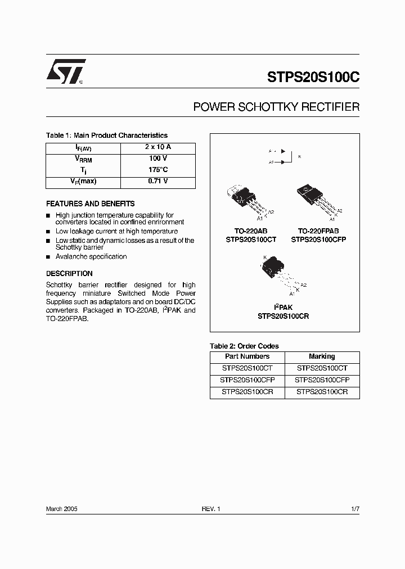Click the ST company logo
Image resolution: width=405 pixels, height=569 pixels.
[65, 71]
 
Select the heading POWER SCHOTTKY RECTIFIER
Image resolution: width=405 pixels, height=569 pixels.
[276, 107]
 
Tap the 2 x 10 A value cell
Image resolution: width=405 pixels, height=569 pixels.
[157, 147]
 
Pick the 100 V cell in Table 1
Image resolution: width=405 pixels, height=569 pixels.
[157, 159]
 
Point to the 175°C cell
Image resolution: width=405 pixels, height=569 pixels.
[157, 170]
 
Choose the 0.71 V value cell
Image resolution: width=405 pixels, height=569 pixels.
[157, 182]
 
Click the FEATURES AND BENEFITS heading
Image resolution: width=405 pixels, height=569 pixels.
[90, 204]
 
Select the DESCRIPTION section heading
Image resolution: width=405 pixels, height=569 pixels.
[69, 273]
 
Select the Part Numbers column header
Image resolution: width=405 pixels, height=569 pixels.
[247, 356]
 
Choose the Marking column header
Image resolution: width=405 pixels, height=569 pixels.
[322, 356]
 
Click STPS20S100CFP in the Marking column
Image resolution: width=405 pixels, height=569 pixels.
[322, 380]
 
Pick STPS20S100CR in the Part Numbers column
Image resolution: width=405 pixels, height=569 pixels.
[247, 392]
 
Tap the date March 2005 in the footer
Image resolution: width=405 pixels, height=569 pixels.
[61, 508]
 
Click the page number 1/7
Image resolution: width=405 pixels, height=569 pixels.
[354, 508]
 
